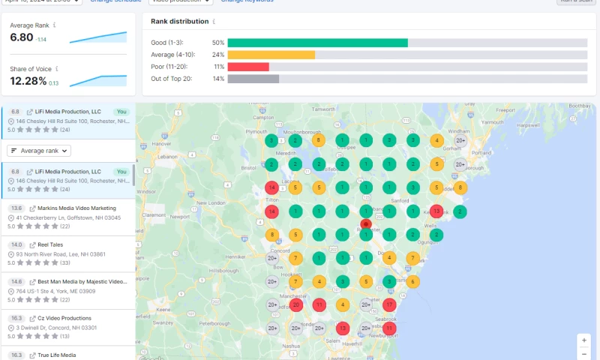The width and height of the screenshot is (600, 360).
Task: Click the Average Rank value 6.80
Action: click(x=21, y=37)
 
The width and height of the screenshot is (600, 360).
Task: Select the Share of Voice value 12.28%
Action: click(x=28, y=81)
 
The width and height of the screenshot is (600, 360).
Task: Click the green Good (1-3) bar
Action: click(x=317, y=43)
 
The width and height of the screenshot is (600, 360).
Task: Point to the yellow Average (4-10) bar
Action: click(x=271, y=55)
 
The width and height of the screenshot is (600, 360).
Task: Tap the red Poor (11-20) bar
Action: click(x=247, y=67)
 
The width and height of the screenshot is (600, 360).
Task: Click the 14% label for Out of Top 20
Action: click(x=218, y=79)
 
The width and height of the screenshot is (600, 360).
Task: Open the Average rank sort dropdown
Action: click(x=39, y=151)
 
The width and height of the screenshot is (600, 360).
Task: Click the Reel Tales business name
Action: click(x=50, y=244)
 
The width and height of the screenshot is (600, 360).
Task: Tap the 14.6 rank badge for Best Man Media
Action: click(x=16, y=281)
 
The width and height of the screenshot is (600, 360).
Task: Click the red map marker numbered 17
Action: click(x=389, y=304)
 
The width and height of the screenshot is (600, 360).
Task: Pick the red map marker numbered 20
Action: click(x=295, y=304)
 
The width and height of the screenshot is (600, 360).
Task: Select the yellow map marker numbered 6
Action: click(x=412, y=281)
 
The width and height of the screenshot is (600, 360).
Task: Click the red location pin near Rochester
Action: click(x=365, y=223)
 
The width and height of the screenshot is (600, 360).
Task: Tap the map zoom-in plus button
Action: click(x=584, y=340)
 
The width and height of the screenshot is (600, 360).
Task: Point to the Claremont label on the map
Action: click(x=153, y=214)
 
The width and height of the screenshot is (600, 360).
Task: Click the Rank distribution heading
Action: click(x=180, y=22)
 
